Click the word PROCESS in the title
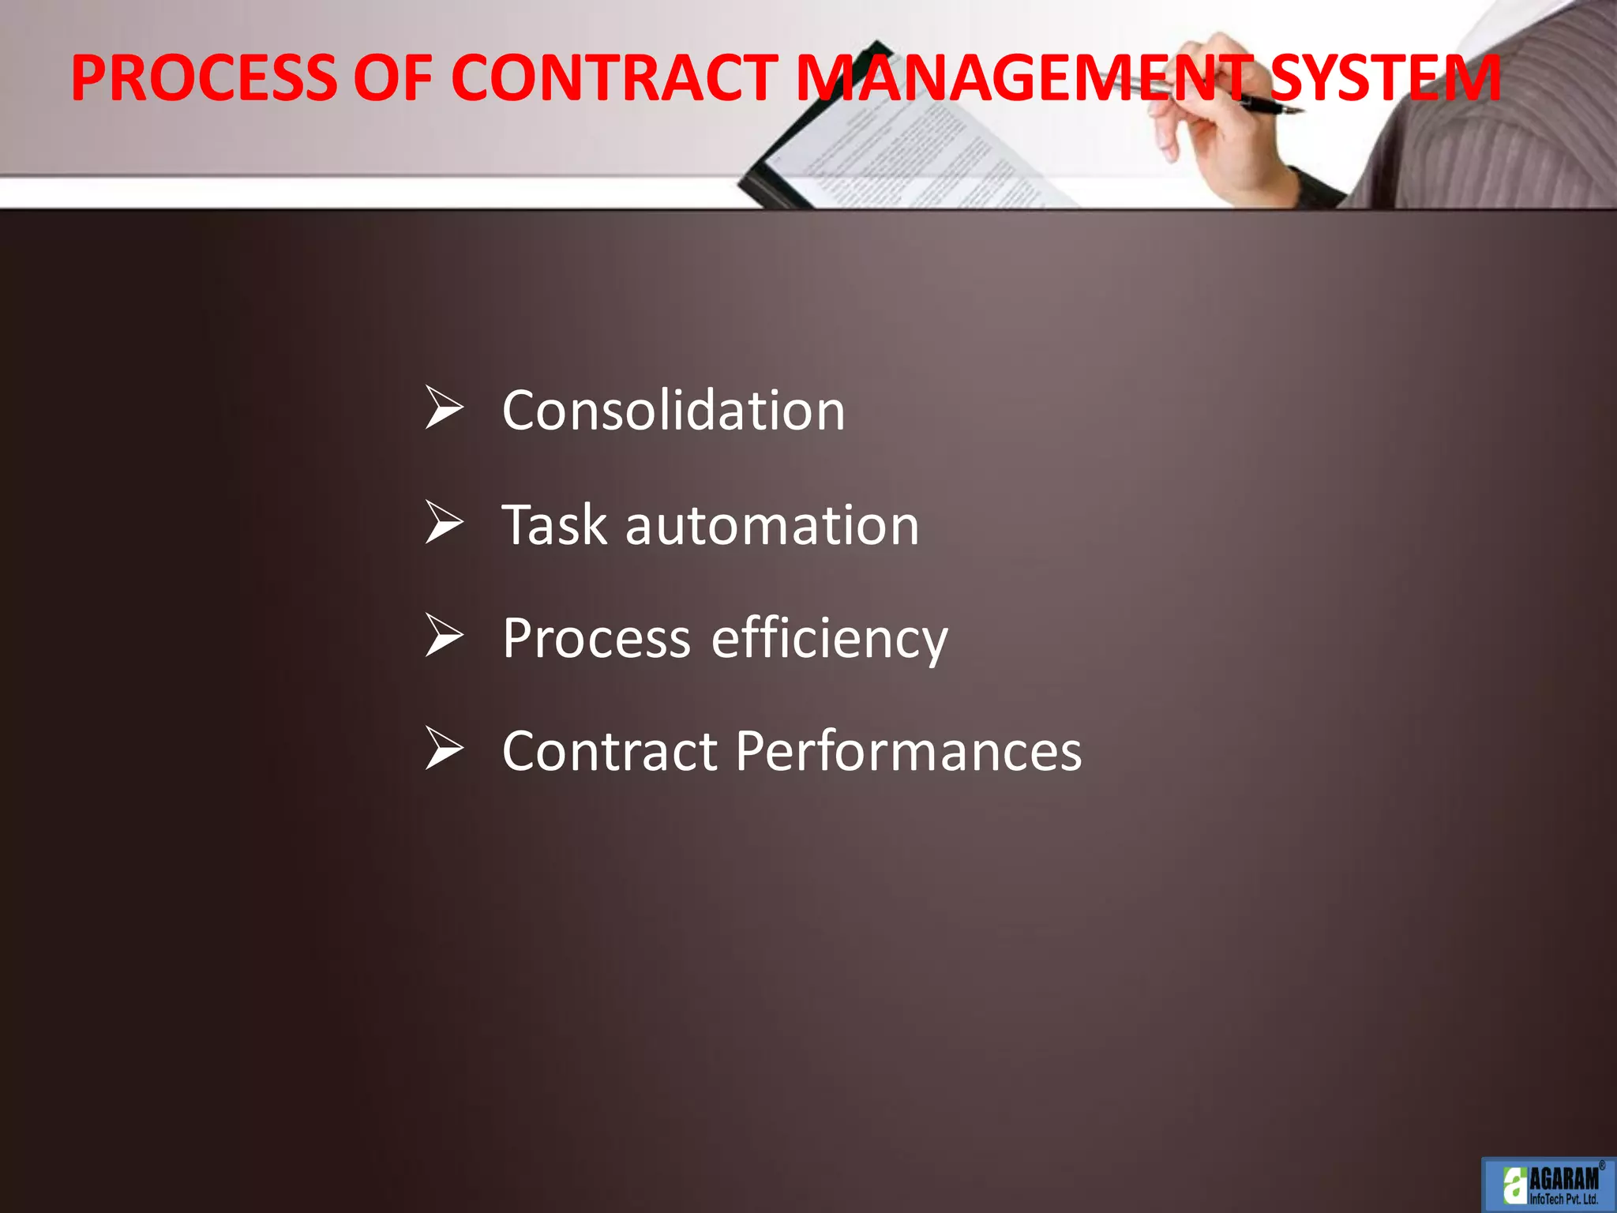tap(204, 78)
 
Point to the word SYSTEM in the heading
tap(1386, 78)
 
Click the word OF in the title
tap(392, 78)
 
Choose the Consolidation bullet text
tap(673, 411)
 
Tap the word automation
tap(772, 525)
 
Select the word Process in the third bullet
tap(596, 638)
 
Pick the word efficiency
tap(829, 638)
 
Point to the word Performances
tap(909, 750)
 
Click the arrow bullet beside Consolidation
tap(444, 407)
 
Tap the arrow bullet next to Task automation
tap(444, 522)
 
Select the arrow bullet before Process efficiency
tap(444, 635)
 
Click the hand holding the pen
tap(1232, 134)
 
